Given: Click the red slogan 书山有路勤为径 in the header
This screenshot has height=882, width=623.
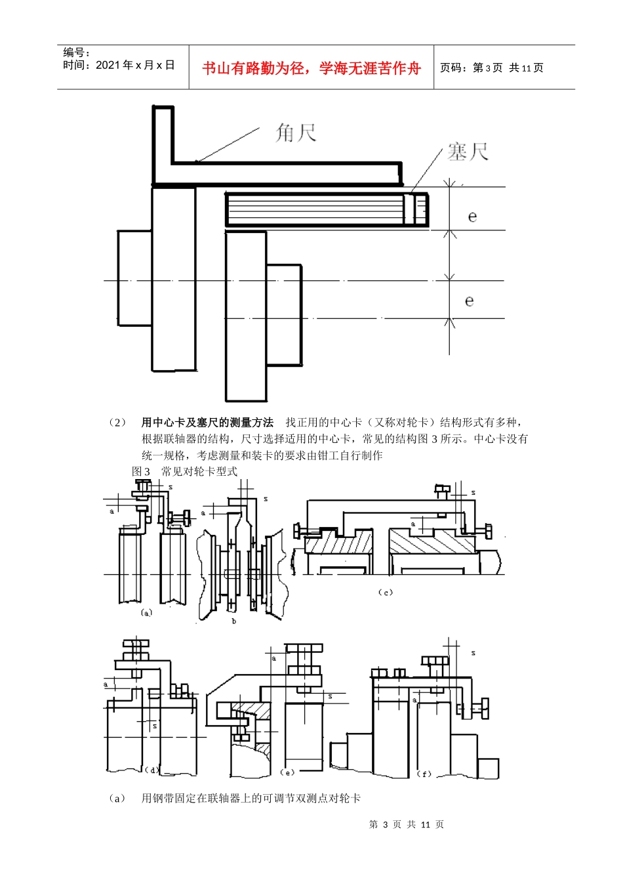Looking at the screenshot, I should pyautogui.click(x=311, y=68).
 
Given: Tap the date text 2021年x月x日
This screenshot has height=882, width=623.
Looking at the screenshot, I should pyautogui.click(x=119, y=65).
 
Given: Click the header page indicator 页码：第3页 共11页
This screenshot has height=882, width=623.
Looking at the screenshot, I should pyautogui.click(x=491, y=68).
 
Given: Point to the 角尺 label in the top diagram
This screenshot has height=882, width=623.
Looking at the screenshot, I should pyautogui.click(x=296, y=133).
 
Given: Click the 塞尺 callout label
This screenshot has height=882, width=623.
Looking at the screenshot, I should pyautogui.click(x=468, y=152).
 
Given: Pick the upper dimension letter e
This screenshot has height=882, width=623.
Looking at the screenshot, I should pyautogui.click(x=472, y=217).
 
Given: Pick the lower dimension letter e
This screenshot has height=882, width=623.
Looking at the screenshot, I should pyautogui.click(x=470, y=301).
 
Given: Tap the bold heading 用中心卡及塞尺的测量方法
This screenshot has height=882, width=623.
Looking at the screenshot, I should pyautogui.click(x=207, y=423).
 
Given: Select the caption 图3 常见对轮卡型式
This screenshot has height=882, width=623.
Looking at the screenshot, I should pyautogui.click(x=184, y=471).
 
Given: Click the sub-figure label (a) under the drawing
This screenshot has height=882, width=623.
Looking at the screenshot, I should pyautogui.click(x=146, y=612).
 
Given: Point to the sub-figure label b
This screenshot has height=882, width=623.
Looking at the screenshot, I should pyautogui.click(x=234, y=621).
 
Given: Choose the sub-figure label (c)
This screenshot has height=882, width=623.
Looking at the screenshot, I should pyautogui.click(x=386, y=592).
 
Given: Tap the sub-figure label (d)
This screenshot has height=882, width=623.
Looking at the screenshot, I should pyautogui.click(x=151, y=770).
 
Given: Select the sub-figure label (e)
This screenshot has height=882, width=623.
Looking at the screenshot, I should pyautogui.click(x=287, y=772).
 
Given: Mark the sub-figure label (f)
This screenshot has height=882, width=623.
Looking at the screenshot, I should pyautogui.click(x=424, y=774).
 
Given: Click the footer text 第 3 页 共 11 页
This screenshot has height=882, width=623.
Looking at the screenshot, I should pyautogui.click(x=407, y=824).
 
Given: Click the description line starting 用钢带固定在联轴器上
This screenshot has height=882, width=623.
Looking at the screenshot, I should pyautogui.click(x=251, y=798).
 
